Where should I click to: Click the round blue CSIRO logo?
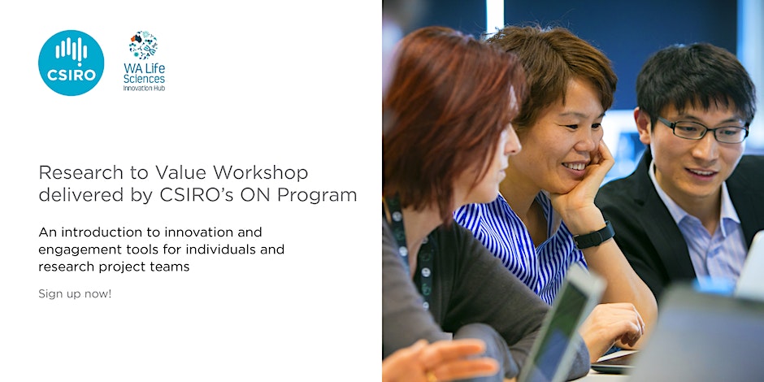coord(72,63)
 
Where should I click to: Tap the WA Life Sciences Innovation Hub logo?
coord(144,61)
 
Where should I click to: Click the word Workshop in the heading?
coord(261,172)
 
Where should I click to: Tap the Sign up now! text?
coord(75,293)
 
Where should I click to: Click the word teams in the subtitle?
coord(172,267)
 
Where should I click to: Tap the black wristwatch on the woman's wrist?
coord(593,236)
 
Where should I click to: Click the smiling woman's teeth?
coord(575,167)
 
